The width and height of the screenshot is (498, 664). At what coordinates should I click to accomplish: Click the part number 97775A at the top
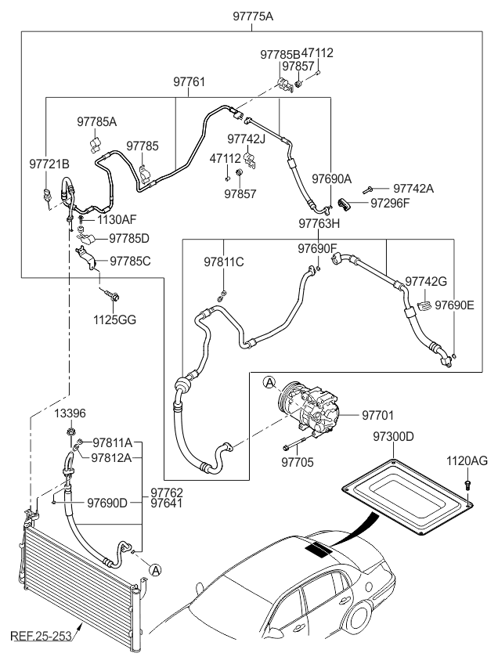pos(251,16)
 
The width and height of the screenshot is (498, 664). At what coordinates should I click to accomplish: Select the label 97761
pos(189,81)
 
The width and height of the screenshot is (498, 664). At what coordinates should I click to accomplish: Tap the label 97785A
pos(96,121)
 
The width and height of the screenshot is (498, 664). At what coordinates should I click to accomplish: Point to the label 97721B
pos(49,164)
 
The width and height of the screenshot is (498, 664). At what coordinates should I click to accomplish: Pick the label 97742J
pos(247,139)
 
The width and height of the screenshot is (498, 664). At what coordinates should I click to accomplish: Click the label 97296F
pos(391,204)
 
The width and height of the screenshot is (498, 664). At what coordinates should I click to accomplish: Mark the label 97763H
pos(319,224)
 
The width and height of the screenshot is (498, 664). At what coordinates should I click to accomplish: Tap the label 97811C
pos(224,262)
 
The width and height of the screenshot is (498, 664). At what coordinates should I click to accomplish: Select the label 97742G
pos(426,281)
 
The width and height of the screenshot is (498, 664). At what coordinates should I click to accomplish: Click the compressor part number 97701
pos(377,414)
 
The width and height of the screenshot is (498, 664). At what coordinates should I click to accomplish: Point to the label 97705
pos(297,463)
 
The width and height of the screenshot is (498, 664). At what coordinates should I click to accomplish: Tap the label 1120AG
pos(467,462)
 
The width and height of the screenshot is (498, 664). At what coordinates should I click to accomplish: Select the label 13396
pos(70,413)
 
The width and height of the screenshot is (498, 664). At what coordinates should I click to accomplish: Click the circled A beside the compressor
pos(269,382)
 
